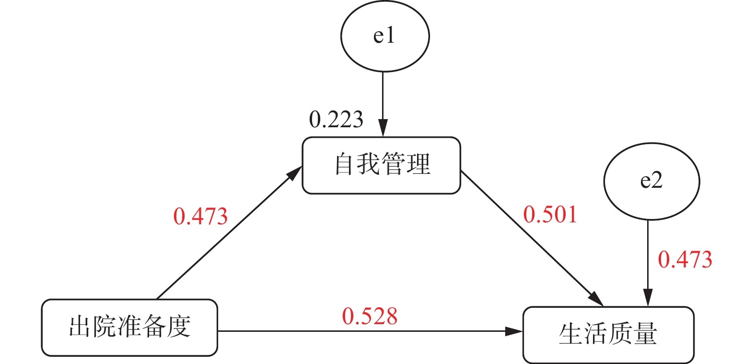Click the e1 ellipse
384,36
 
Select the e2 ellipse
651,182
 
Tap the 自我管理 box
381,165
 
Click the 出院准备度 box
129,328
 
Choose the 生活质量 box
608,334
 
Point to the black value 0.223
336,119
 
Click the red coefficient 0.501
550,214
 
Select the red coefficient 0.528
370,316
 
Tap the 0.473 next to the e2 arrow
685,260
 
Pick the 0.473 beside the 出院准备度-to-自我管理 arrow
200,217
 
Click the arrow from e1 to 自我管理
383,101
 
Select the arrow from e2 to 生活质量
648,259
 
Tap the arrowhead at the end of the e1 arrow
383,130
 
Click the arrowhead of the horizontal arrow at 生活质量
515,331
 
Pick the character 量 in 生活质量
645,334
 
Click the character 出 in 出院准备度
80,327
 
